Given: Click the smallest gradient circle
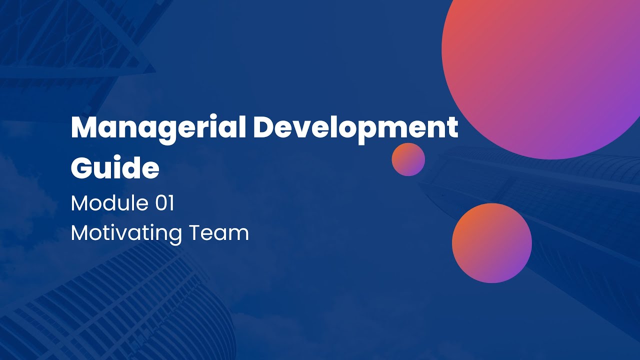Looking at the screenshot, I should point(408,159).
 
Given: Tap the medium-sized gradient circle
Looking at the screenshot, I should point(491,243).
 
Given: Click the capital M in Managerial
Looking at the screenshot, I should point(83,128).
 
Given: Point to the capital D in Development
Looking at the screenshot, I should point(264,128).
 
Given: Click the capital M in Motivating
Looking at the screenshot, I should point(80,233).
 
